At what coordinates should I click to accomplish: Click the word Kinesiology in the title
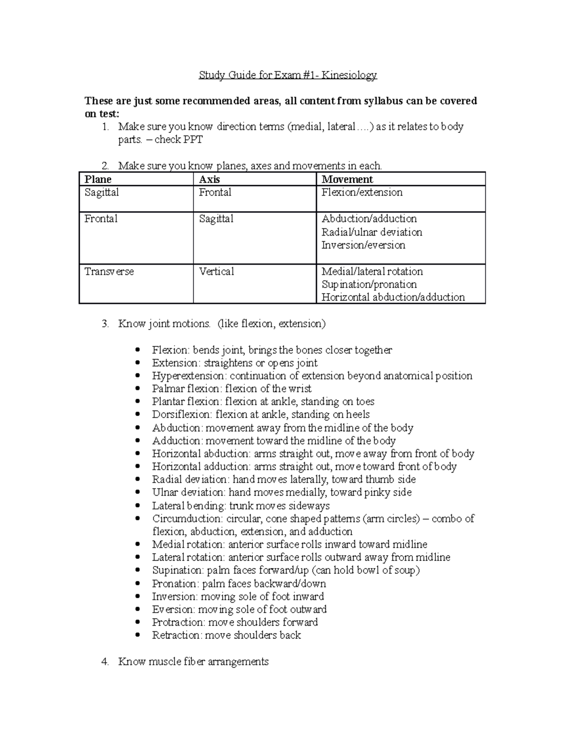(349, 75)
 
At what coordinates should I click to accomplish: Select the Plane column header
(98, 179)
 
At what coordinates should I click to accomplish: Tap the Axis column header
(209, 179)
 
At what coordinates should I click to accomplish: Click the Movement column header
(347, 179)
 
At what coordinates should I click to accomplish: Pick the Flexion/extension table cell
(362, 192)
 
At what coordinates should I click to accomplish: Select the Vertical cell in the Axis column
(216, 272)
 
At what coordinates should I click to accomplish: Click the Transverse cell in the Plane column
(109, 272)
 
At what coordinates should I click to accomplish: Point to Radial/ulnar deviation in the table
(372, 232)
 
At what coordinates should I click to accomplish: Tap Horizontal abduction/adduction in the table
(393, 297)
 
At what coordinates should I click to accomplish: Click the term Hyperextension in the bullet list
(188, 376)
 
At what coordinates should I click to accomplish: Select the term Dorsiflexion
(181, 414)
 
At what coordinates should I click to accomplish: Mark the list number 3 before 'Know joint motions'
(105, 324)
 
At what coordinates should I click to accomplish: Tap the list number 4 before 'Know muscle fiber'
(105, 662)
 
